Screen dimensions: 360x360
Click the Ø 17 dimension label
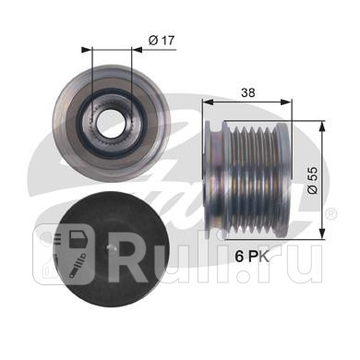coord(162,41)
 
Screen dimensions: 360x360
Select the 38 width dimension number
coord(248,92)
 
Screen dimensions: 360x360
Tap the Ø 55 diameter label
coord(312,180)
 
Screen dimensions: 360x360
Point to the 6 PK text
coord(252,257)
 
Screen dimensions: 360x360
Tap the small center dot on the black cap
coord(113,246)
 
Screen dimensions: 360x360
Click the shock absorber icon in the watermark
coord(77,264)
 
